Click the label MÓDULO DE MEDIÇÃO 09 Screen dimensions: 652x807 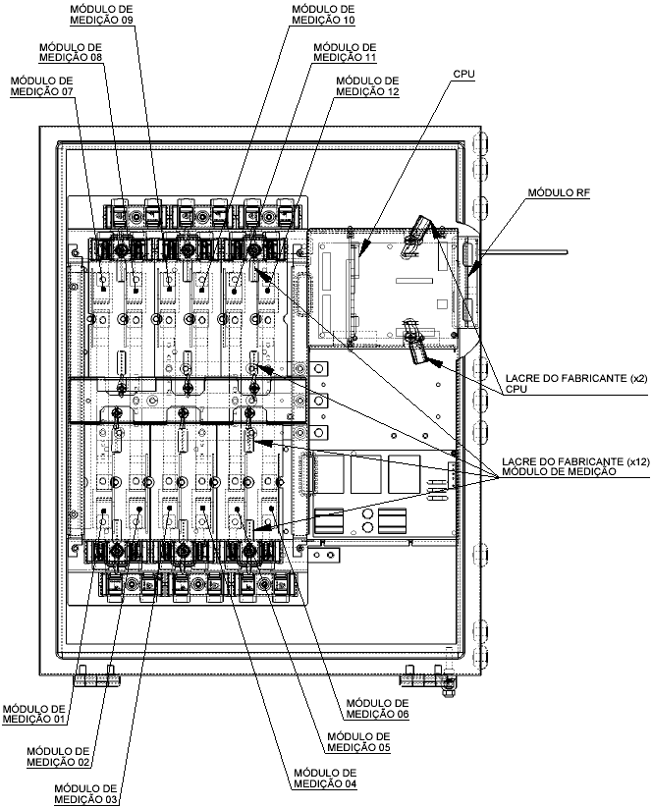point(101,15)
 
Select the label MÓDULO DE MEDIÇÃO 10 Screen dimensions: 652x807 point(323,15)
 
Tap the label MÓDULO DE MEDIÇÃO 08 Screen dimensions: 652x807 point(71,52)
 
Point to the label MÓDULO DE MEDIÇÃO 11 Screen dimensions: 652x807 point(345,52)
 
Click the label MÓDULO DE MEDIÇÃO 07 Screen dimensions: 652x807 point(41,86)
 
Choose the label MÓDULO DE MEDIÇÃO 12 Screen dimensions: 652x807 point(367,86)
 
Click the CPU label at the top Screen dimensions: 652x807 point(463,74)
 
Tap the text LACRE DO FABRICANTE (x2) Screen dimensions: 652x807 point(574,378)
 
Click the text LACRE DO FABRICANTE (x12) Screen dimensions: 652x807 point(575,461)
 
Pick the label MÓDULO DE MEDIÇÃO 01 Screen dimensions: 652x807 point(34,714)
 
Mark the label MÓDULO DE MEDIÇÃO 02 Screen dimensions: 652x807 point(58,757)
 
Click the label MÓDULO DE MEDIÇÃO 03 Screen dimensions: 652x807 point(85,793)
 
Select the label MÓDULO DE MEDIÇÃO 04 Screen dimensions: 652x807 point(325,779)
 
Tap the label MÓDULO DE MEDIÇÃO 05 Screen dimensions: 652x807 point(358,741)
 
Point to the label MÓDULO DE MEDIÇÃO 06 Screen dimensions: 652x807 point(378,708)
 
